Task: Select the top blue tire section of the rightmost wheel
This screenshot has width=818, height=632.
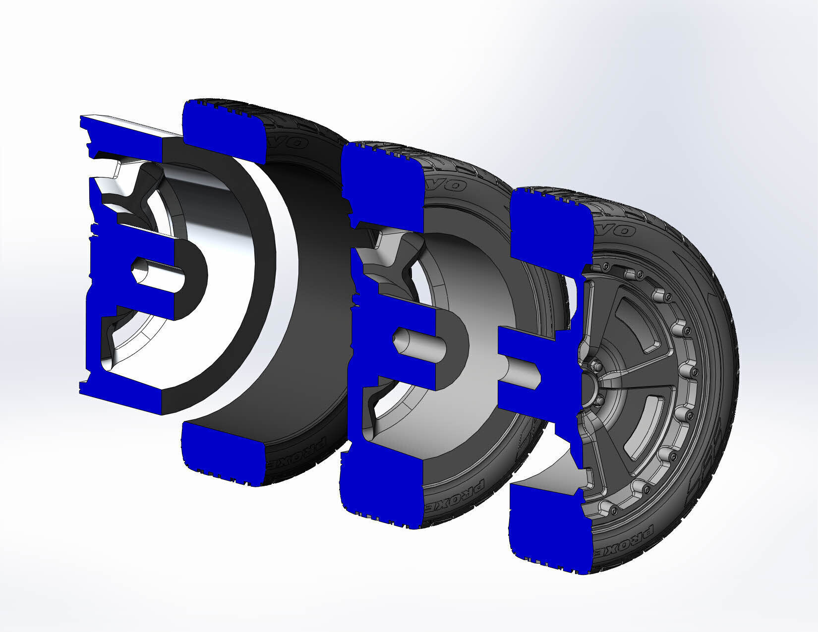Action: click(550, 229)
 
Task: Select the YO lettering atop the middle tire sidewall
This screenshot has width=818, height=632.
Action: click(451, 186)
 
